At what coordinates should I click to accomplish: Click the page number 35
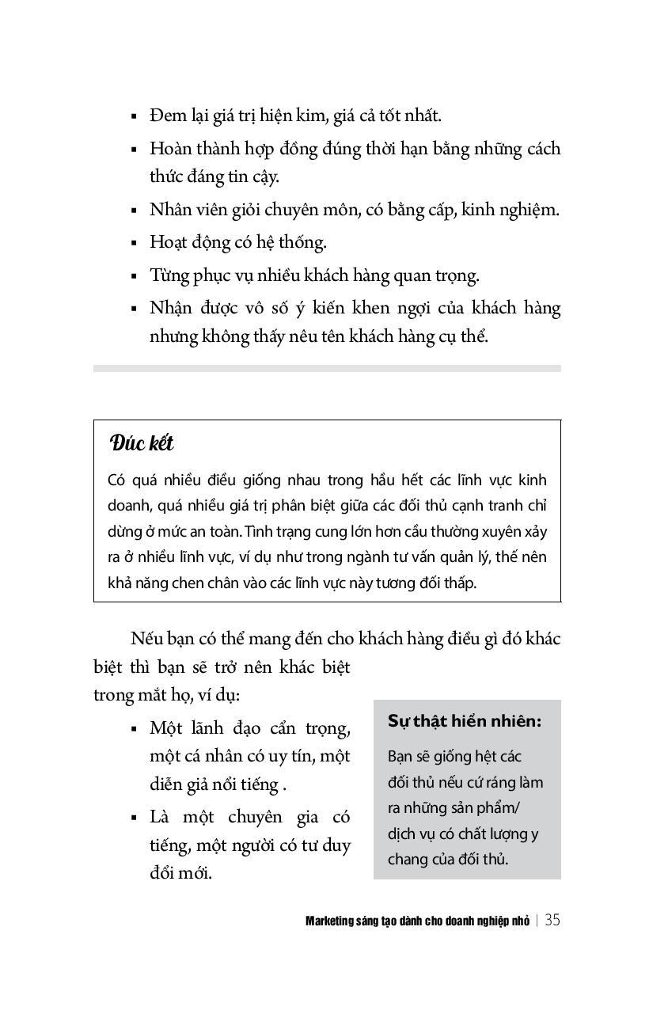click(x=552, y=920)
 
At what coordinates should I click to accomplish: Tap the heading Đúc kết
click(x=142, y=443)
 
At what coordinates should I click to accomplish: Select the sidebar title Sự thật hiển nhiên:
click(x=465, y=721)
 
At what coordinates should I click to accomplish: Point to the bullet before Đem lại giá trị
click(x=134, y=116)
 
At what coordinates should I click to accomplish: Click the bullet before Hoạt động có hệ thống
click(x=134, y=243)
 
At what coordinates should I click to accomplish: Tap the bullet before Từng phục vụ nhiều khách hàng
click(x=134, y=276)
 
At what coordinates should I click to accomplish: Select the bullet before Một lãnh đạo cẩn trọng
click(x=134, y=728)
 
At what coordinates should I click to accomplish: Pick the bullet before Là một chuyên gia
click(x=134, y=817)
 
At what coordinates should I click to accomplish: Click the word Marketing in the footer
click(x=329, y=921)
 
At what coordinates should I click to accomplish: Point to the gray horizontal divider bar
click(x=327, y=368)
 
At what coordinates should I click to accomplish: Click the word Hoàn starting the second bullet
click(x=170, y=149)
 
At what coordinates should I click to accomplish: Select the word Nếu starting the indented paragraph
click(x=146, y=639)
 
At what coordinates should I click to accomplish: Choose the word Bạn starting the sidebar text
click(x=400, y=756)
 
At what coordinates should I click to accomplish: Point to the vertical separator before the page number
click(x=537, y=921)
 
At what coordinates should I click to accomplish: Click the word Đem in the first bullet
click(x=168, y=116)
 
